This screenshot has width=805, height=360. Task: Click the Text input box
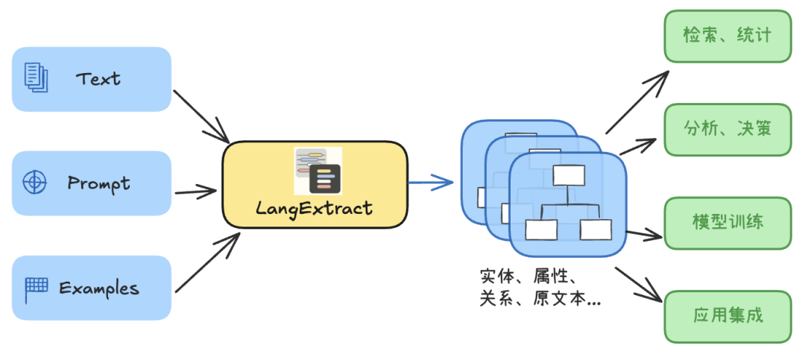tap(92, 79)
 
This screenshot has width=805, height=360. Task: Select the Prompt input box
tap(92, 183)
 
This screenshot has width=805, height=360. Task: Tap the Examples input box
tap(92, 288)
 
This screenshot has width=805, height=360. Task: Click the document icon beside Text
tap(36, 78)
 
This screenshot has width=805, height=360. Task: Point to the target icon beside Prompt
tap(34, 183)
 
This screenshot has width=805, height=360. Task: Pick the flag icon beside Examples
tap(36, 287)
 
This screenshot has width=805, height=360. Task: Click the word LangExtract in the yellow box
tap(314, 208)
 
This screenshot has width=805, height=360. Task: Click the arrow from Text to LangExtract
tap(201, 116)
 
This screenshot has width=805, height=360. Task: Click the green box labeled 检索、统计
tap(727, 36)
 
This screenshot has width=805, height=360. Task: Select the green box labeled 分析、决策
tap(727, 130)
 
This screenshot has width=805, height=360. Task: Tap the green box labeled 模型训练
tap(727, 223)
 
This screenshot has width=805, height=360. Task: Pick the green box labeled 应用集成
tap(727, 316)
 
